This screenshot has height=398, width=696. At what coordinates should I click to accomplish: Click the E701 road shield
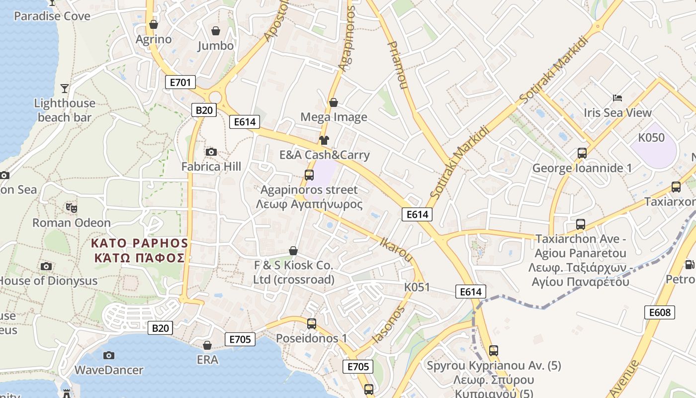point(180,82)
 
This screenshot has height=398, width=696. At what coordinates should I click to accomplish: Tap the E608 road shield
point(660,312)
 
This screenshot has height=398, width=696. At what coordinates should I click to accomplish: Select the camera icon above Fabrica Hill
point(211,152)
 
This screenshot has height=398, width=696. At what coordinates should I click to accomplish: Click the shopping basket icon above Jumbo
point(216,31)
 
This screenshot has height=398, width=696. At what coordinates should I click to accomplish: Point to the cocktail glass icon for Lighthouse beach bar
point(65,89)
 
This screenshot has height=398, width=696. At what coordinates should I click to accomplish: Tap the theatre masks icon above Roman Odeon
point(71,207)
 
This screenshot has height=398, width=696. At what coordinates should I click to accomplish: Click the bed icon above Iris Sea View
point(617,98)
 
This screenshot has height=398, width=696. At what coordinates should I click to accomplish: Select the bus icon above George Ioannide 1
point(582,153)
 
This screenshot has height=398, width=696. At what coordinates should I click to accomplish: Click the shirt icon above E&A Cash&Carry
point(324,140)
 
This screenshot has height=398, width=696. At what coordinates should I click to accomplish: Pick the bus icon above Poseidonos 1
point(312,324)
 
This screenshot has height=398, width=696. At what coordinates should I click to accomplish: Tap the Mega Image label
point(334,117)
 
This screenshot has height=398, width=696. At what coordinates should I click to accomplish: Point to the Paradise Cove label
point(52,16)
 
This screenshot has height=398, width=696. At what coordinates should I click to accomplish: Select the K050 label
point(651,137)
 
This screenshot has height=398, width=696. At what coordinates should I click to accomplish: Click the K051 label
point(417,287)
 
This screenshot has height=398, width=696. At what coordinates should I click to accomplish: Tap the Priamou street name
point(397,65)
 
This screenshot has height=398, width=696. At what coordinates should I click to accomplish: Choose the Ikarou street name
point(396,249)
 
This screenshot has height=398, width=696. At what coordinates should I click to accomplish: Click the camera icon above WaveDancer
point(109,355)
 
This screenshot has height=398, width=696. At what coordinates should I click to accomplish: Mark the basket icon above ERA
point(207,345)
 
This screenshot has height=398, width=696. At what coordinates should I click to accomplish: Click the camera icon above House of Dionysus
point(46,266)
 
